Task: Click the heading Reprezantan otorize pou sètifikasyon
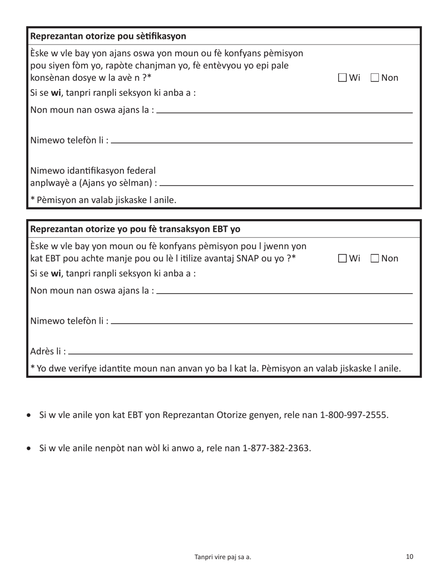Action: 108,36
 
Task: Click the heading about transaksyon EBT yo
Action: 135,229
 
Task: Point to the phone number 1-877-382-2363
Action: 277,448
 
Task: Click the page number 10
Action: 409,557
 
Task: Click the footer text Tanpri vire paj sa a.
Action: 223,557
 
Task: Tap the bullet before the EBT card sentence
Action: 30,416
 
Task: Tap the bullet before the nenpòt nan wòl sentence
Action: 30,448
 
